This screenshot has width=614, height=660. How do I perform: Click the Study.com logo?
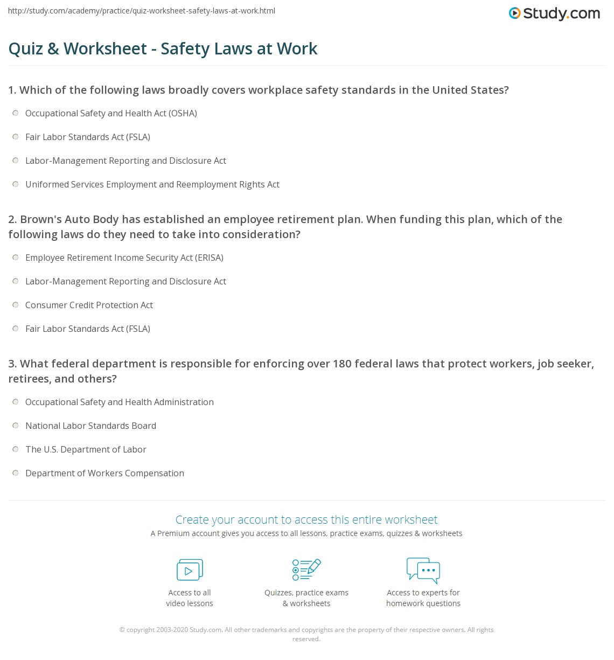(554, 13)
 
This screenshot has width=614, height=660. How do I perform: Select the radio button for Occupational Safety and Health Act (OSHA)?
(16, 113)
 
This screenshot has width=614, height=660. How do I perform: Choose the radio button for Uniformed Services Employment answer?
(16, 184)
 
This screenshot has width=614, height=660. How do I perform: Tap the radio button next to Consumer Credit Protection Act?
(16, 305)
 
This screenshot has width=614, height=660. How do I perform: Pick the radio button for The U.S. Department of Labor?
(16, 449)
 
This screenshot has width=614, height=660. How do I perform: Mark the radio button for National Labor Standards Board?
(16, 426)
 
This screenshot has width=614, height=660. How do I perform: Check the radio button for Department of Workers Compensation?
(16, 473)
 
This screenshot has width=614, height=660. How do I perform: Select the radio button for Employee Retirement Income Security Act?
(16, 258)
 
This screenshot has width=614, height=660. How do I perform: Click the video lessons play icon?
(190, 570)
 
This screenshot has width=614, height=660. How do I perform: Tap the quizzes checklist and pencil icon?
(306, 569)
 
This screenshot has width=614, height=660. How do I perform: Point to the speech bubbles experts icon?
(423, 571)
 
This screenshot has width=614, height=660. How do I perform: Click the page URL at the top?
(142, 11)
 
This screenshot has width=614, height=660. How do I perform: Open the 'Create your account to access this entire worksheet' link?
(306, 520)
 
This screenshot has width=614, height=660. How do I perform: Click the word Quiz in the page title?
(25, 49)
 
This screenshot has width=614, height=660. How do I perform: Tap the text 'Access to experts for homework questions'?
(423, 598)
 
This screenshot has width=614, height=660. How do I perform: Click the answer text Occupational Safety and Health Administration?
(120, 402)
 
